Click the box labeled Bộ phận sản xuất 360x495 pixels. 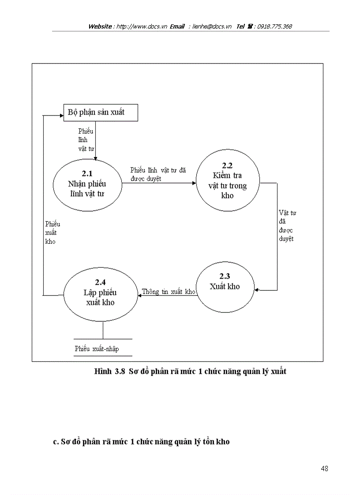101,112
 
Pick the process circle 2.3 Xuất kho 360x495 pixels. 225,287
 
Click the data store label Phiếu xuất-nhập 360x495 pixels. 97,349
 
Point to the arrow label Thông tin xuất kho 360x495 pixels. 169,292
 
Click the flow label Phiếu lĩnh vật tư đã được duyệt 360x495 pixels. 158,174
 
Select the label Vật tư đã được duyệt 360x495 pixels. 287,226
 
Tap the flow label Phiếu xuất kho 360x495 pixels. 52,233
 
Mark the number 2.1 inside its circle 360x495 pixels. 87,173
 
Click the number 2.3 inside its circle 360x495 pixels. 225,276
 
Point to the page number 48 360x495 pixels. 324,469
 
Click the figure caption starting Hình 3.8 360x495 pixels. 190,371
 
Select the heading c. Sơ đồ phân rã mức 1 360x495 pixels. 141,441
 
